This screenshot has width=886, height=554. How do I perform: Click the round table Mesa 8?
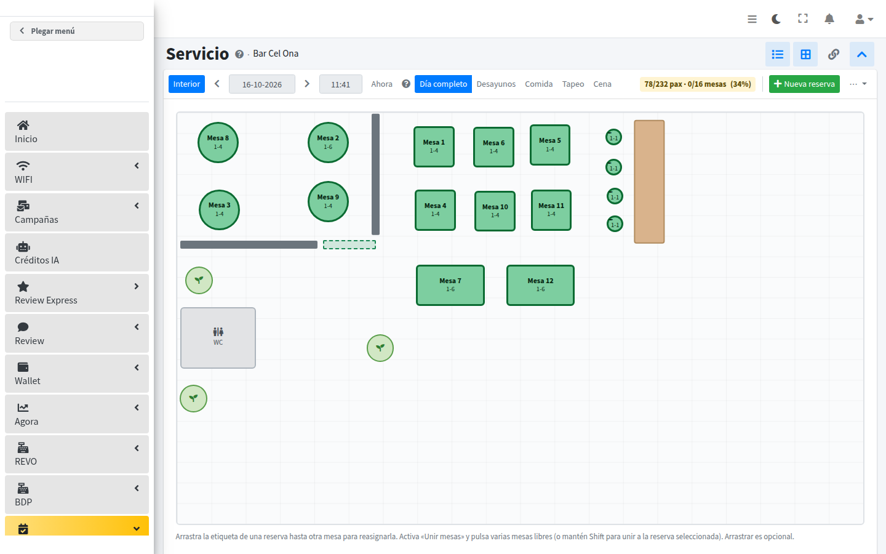point(218,142)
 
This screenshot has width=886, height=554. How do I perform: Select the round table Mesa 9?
point(328,201)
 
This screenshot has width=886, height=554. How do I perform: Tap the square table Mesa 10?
point(495,211)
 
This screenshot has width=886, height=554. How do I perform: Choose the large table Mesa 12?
point(540,285)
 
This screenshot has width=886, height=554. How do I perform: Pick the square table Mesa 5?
point(550,145)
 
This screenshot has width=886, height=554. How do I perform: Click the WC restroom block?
point(218,338)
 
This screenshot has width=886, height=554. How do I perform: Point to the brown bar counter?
point(649,182)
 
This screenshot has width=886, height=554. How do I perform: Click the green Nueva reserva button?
point(804,84)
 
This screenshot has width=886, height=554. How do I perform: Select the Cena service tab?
point(602,84)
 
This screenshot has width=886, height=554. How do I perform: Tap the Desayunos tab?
point(496,84)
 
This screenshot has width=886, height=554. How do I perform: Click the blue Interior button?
point(186,84)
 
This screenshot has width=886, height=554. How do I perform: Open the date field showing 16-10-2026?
point(262,84)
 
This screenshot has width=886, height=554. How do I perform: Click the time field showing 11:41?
point(341,84)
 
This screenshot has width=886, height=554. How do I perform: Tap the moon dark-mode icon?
point(776,19)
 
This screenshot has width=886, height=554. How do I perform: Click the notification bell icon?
point(829,19)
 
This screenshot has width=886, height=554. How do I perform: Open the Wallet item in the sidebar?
point(77,374)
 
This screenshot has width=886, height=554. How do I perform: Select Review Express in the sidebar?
point(77,293)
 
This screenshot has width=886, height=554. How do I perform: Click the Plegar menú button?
point(77,31)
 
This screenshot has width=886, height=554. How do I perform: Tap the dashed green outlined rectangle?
point(349,244)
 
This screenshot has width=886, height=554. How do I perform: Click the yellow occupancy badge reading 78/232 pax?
point(697,84)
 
